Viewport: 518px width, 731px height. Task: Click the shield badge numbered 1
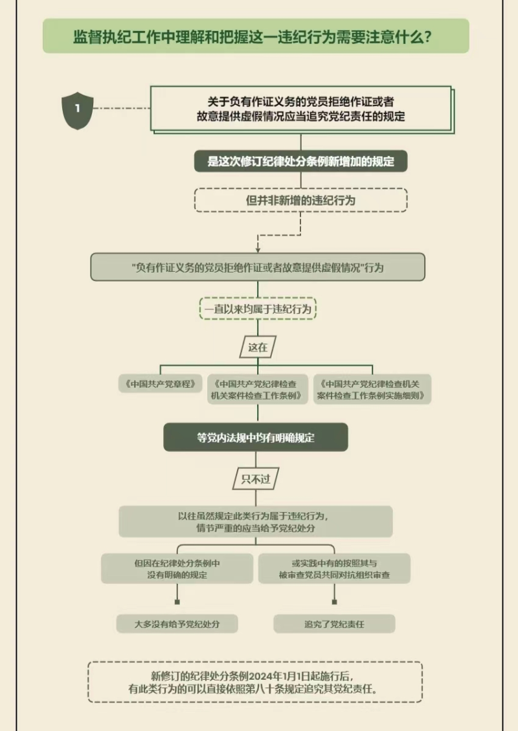pyautogui.click(x=77, y=109)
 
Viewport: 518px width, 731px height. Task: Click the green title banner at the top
pyautogui.click(x=256, y=36)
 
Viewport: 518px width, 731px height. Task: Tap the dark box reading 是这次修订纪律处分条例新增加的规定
pyautogui.click(x=300, y=162)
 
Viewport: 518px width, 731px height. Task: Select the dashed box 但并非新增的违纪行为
pyautogui.click(x=300, y=200)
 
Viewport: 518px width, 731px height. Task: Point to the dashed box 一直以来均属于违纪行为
pyautogui.click(x=258, y=309)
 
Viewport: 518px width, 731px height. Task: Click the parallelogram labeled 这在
pyautogui.click(x=258, y=347)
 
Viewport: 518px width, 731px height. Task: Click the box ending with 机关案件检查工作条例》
pyautogui.click(x=258, y=389)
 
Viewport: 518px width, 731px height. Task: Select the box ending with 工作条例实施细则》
pyautogui.click(x=372, y=389)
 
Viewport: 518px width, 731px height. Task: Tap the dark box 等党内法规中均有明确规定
pyautogui.click(x=256, y=437)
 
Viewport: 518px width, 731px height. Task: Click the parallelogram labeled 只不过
pyautogui.click(x=256, y=480)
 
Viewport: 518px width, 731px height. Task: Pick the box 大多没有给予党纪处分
pyautogui.click(x=177, y=624)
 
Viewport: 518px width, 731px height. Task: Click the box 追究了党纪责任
pyautogui.click(x=334, y=624)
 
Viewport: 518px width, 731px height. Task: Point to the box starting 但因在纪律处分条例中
pyautogui.click(x=177, y=568)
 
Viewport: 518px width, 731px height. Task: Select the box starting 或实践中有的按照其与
pyautogui.click(x=334, y=568)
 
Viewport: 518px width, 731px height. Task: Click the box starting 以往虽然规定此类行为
pyautogui.click(x=256, y=522)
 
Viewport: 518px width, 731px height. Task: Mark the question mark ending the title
pyautogui.click(x=427, y=37)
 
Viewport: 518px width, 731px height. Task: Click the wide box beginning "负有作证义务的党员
pyautogui.click(x=258, y=267)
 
